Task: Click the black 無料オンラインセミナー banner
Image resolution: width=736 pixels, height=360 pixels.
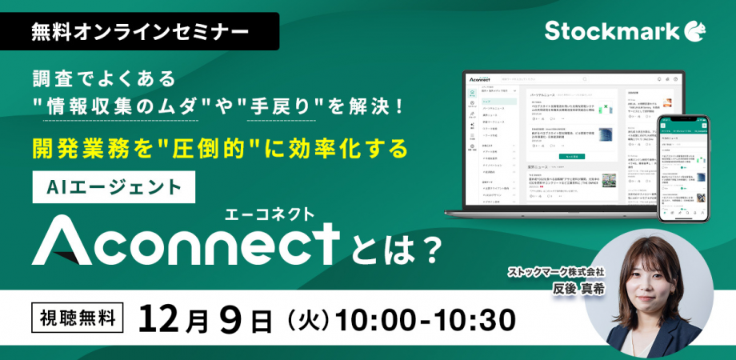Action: (139, 32)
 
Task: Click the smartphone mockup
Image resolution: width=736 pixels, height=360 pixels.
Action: (683, 169)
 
